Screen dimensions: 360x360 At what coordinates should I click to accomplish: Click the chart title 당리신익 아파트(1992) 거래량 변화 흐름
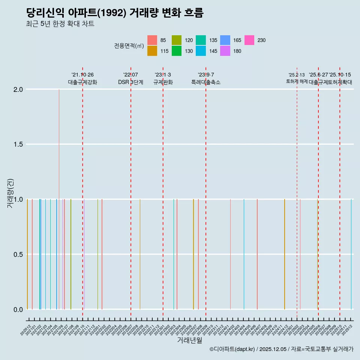click(115, 13)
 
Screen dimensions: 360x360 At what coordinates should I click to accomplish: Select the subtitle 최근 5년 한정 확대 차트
click(60, 24)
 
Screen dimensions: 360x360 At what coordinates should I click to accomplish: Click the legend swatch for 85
click(152, 40)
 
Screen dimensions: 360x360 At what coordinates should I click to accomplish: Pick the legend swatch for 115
click(152, 51)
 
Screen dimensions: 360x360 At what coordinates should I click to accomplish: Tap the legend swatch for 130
click(177, 51)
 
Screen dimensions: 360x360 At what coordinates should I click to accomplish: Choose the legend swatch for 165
click(225, 40)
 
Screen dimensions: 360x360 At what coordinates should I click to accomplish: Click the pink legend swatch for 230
click(249, 40)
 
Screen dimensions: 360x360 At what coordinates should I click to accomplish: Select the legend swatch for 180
click(225, 51)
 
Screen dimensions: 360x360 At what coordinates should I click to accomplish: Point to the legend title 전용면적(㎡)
click(129, 46)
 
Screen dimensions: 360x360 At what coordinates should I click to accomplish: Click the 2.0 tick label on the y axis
click(18, 89)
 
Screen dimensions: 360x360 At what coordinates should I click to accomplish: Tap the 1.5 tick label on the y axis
click(18, 144)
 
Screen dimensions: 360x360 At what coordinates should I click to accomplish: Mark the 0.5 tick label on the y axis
click(18, 254)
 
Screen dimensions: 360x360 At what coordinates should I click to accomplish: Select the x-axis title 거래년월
click(189, 340)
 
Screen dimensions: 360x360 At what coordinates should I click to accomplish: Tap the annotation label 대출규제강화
click(82, 82)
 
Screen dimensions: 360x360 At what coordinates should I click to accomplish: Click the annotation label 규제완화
click(163, 82)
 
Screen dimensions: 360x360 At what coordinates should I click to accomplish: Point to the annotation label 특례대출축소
click(206, 82)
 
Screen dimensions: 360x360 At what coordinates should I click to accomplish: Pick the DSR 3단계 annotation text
click(130, 82)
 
